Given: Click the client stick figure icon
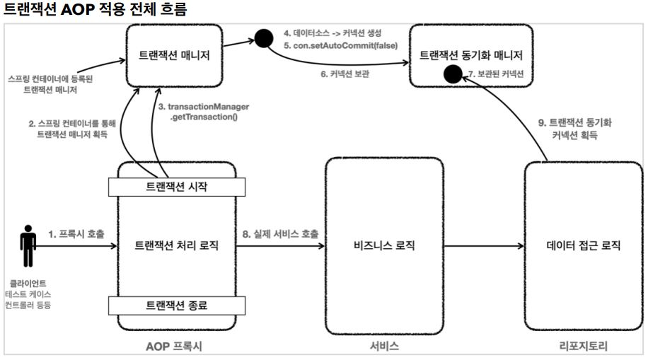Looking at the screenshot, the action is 28,246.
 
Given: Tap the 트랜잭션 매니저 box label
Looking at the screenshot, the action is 174,55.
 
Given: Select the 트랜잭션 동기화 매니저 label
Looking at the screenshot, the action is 470,55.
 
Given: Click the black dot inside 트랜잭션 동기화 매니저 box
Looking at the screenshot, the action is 453,74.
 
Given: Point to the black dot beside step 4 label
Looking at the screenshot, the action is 264,38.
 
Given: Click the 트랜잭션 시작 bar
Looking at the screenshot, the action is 177,187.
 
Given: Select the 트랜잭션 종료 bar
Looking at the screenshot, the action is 177,306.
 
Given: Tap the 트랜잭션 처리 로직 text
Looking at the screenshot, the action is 176,245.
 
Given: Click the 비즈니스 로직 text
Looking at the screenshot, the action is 384,245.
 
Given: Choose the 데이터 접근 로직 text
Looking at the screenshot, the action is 583,245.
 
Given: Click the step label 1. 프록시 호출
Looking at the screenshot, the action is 76,234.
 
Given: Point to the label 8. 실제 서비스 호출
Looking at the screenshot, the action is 281,234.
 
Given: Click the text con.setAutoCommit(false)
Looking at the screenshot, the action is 345,45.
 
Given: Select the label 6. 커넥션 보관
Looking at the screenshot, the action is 345,74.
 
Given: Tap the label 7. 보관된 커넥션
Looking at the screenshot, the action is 496,74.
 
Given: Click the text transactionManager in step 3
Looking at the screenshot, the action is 208,107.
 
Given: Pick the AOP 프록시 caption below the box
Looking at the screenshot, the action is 174,347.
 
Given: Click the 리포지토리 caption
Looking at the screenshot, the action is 583,346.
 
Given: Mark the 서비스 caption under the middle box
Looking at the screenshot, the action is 384,346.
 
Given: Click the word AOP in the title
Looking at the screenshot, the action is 77,9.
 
